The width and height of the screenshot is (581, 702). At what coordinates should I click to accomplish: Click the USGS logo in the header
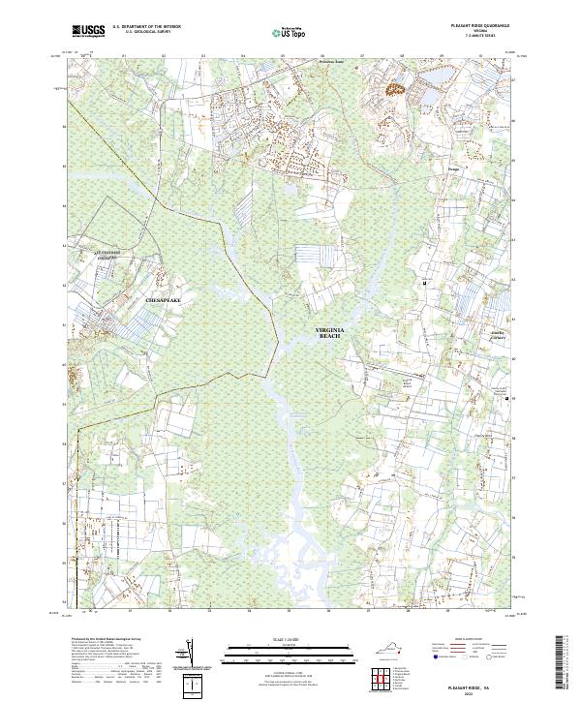tap(87, 31)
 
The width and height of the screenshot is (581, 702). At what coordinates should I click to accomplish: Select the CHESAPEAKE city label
tap(163, 301)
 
